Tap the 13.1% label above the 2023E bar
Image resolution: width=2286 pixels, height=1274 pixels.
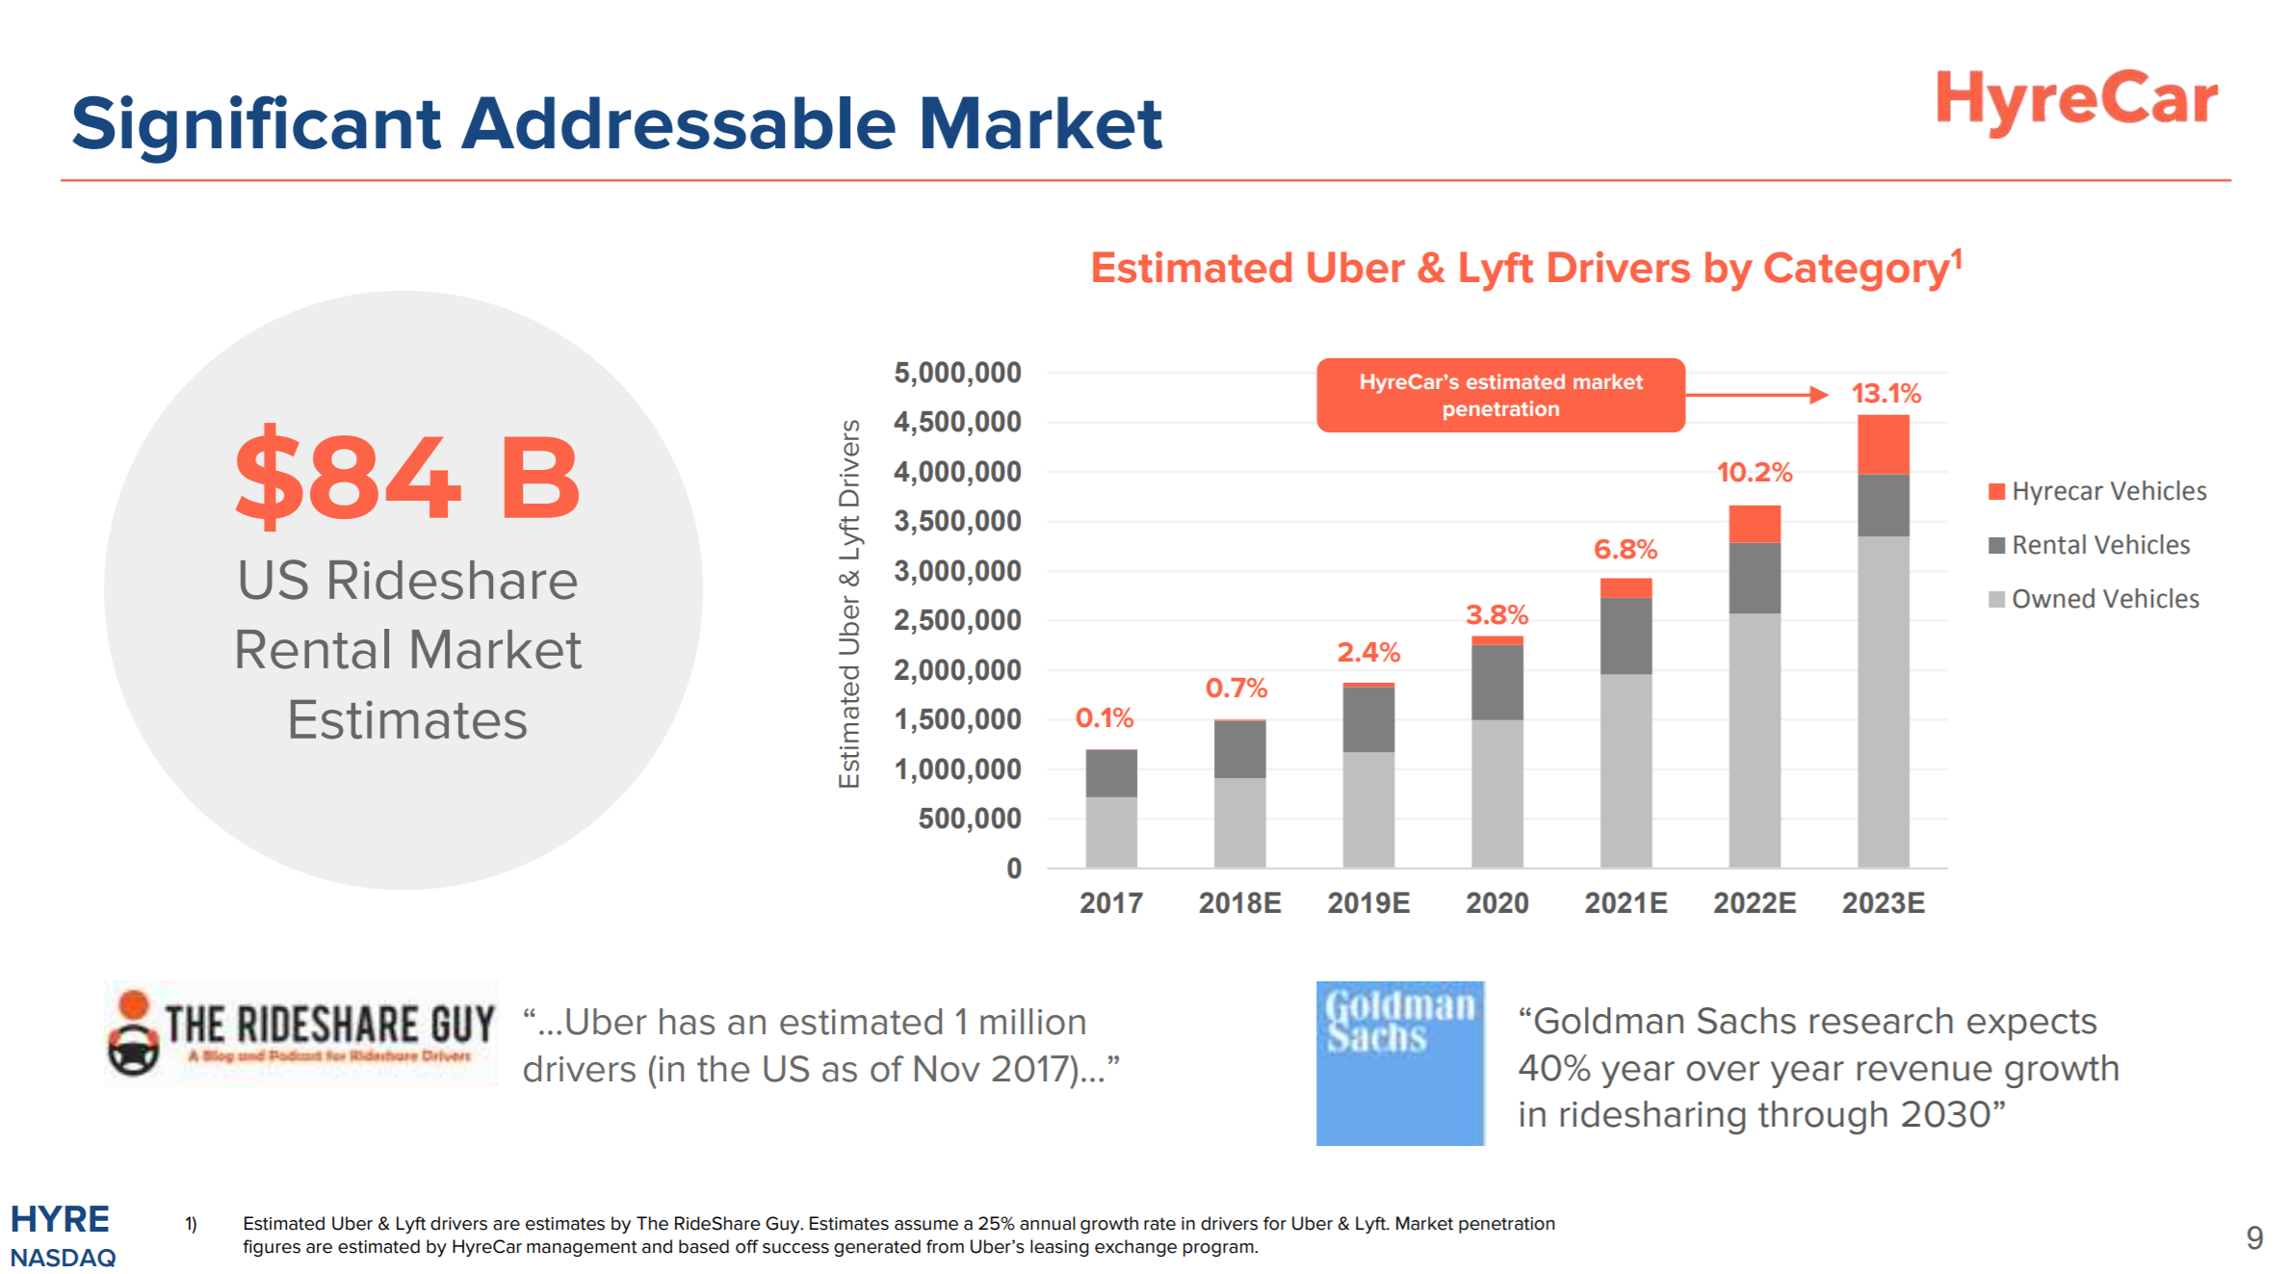coord(1884,394)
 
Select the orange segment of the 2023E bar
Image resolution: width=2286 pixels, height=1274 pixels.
coord(1883,445)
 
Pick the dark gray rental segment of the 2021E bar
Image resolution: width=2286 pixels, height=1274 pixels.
coord(1625,636)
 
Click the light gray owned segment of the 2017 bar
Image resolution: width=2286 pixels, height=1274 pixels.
coord(1110,831)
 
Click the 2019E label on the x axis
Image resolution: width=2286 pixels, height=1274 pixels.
coord(1367,903)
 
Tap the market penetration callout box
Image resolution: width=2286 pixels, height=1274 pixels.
coord(1499,396)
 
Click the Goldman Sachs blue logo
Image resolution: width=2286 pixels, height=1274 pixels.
coord(1399,1063)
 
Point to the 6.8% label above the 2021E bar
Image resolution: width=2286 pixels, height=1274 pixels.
coord(1624,550)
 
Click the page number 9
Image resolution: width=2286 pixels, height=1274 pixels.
coord(2253,1237)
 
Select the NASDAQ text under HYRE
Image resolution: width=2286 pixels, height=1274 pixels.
coord(63,1258)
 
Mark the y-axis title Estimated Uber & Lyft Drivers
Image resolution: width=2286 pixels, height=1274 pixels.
coord(848,605)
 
